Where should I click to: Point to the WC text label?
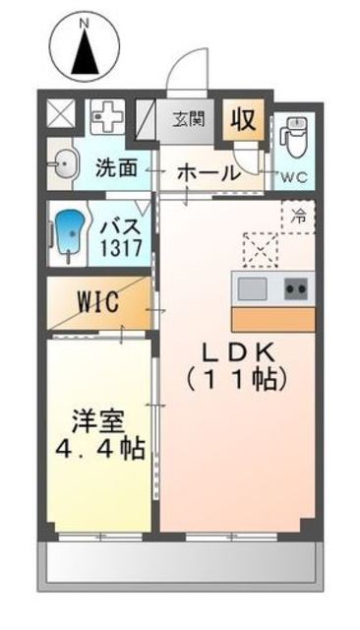295,177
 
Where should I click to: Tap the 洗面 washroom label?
117,167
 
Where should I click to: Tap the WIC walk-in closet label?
98,301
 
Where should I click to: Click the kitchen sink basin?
251,289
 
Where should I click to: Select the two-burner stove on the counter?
296,289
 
